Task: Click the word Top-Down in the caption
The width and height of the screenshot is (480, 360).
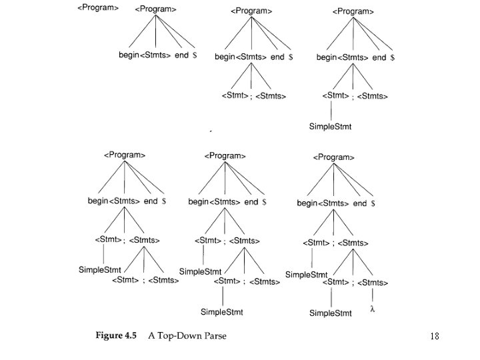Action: pos(179,335)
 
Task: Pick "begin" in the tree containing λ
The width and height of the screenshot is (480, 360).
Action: pos(307,203)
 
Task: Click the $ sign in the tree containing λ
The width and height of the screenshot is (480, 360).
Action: pos(373,203)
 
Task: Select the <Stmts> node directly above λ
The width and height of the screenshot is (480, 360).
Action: pos(373,283)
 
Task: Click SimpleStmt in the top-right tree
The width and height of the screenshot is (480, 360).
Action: pos(330,125)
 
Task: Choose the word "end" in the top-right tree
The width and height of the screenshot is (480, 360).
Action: pos(379,58)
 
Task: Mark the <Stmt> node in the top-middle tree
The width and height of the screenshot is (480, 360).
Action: pos(235,96)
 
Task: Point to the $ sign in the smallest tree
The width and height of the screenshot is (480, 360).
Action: pos(195,55)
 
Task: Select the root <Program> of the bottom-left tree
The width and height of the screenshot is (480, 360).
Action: pos(125,155)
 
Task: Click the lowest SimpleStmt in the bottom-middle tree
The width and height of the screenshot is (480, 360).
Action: pos(222,311)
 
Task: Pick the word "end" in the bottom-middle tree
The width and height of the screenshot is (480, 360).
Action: pos(251,201)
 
